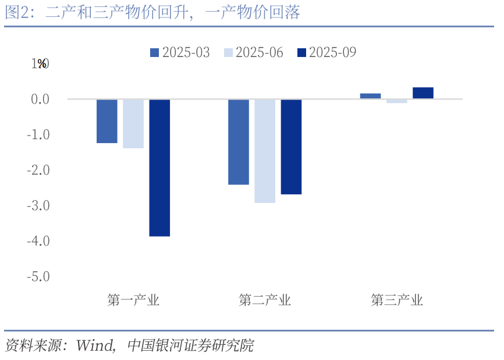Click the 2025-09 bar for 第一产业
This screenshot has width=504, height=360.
click(159, 167)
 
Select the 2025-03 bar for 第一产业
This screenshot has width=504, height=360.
click(107, 121)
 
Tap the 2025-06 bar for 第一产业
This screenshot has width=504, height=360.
click(133, 124)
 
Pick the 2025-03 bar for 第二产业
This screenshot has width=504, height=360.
click(239, 142)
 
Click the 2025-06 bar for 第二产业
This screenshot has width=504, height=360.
click(265, 151)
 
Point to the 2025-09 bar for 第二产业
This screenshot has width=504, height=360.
click(291, 147)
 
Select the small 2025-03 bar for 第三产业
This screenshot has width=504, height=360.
click(370, 96)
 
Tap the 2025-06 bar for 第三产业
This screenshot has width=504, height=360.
click(396, 101)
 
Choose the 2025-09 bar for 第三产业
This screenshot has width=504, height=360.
click(423, 93)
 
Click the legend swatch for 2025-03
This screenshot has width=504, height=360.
click(155, 52)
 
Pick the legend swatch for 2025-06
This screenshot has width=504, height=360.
click(228, 52)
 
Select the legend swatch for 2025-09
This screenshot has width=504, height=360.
click(301, 52)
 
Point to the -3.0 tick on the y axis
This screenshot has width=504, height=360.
click(38, 205)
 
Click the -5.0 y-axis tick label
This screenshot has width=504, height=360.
click(38, 276)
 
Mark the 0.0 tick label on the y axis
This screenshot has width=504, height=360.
click(40, 99)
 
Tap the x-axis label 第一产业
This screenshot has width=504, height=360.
click(133, 301)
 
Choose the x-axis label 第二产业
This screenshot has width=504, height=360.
click(265, 301)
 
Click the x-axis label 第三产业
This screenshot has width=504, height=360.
click(397, 301)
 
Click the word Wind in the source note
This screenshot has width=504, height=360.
click(95, 345)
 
